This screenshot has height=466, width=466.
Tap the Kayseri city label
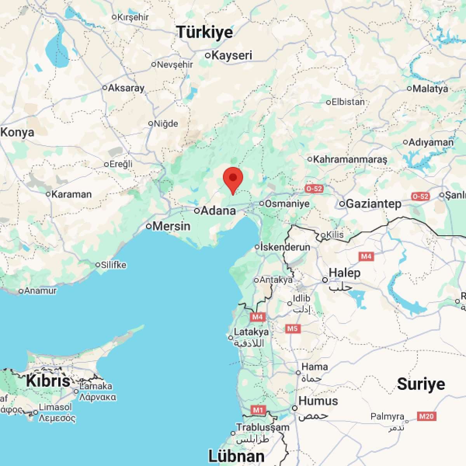232,55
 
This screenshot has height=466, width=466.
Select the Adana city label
219,210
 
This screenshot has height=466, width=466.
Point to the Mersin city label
172,226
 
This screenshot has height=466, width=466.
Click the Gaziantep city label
373,203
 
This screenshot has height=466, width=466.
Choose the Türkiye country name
205,32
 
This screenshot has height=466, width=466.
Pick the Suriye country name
421,384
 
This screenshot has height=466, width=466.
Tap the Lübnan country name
236,456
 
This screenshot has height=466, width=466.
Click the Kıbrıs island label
48,381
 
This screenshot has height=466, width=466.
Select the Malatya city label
430,89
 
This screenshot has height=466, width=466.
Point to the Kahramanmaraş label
350,159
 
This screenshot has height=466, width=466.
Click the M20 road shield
426,417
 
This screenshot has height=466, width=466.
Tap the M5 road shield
292,329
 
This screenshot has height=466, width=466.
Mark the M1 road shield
257,410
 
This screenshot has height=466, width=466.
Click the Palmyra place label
387,417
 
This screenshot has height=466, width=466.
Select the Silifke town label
113,265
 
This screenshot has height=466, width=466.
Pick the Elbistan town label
348,102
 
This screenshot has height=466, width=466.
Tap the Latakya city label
251,332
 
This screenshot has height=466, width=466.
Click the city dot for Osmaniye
262,203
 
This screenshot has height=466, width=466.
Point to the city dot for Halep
325,280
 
